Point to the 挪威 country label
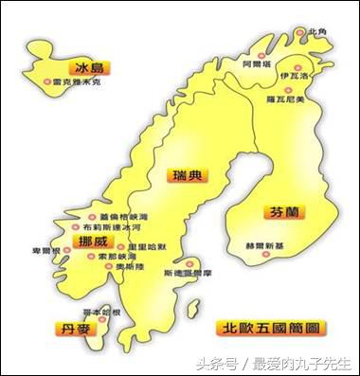93,242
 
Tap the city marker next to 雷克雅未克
48,82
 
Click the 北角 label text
317,31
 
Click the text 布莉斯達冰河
113,227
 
